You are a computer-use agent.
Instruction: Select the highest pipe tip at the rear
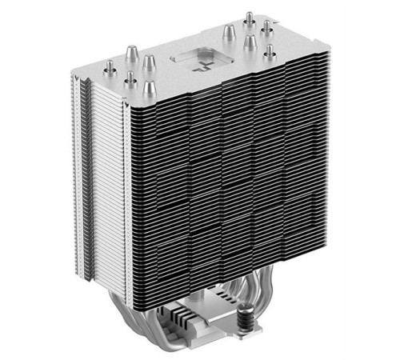[x=249, y=18]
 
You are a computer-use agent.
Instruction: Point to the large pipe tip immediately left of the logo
[x=147, y=62]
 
